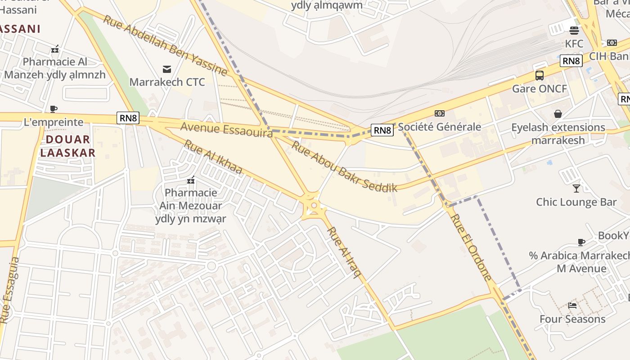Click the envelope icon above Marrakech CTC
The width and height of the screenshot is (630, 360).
point(167,69)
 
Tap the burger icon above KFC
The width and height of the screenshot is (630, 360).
point(574,31)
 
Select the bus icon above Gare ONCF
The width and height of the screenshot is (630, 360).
point(540,76)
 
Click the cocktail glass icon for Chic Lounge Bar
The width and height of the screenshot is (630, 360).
point(576,188)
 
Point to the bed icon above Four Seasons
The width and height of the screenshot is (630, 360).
point(572,306)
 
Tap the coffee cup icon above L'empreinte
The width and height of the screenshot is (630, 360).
point(54,109)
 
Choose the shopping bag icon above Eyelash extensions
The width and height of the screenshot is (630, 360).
point(558,114)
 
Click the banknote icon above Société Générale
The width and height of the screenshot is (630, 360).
point(439,113)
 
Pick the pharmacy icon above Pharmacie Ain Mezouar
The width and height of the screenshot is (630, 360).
point(191,180)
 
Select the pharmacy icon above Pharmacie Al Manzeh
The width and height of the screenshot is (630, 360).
point(55,49)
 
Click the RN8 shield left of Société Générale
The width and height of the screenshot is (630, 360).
point(382,130)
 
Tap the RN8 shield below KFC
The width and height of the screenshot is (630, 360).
point(571,61)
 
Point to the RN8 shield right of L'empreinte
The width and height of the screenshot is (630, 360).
point(128,118)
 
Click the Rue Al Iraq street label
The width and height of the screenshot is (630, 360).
point(345,252)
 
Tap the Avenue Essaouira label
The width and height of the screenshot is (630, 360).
point(226,129)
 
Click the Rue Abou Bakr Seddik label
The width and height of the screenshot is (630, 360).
point(344,166)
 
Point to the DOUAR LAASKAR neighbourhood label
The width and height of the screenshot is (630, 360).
point(68,146)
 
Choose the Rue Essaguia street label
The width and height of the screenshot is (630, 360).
point(10,290)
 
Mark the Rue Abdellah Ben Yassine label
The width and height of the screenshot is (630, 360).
point(165,45)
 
